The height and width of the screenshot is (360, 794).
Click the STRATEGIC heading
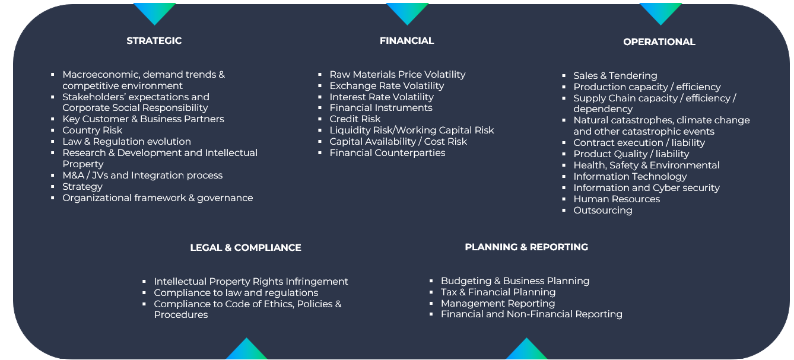tap(154, 41)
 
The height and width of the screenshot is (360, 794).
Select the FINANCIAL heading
tap(407, 41)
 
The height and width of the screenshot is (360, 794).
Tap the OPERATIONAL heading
tap(659, 42)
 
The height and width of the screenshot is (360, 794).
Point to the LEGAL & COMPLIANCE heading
tap(246, 247)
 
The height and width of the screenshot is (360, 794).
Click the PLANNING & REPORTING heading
tap(526, 247)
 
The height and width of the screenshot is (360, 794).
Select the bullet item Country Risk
tap(92, 130)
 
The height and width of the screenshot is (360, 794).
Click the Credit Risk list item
tap(355, 119)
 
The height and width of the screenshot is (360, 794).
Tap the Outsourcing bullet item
tap(602, 211)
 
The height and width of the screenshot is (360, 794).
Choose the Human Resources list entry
tap(617, 199)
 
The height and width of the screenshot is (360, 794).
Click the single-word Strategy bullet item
tap(82, 187)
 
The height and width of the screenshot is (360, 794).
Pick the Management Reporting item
tap(498, 304)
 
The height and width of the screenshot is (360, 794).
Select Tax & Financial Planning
tap(498, 292)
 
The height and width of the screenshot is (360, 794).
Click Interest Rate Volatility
tap(382, 97)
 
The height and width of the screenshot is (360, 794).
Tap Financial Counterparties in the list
tap(388, 152)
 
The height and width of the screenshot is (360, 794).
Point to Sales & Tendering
tap(615, 76)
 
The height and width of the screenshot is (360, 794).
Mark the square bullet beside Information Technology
tap(564, 177)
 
